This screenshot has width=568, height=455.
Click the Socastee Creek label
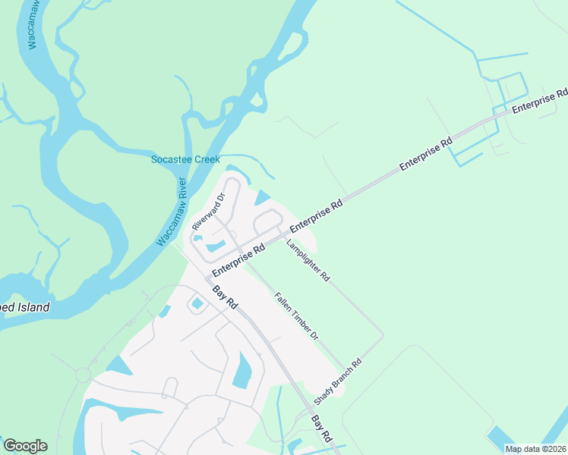tap(185, 159)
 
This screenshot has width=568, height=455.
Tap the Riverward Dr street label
tap(209, 212)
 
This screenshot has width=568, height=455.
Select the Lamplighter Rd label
tap(308, 261)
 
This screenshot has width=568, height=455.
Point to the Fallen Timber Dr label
tap(296, 316)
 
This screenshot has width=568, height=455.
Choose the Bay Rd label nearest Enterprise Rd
tap(225, 296)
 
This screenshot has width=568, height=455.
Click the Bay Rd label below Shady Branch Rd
tap(322, 428)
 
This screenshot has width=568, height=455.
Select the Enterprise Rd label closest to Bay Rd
tap(238, 259)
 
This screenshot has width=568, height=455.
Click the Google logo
tap(25, 446)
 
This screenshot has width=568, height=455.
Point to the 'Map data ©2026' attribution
tap(535, 449)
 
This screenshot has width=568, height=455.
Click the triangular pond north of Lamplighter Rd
tap(263, 199)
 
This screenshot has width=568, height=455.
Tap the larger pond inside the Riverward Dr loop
tap(215, 246)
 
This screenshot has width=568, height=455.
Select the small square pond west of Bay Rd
tap(197, 303)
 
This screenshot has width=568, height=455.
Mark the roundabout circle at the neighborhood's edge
tap(83, 375)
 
